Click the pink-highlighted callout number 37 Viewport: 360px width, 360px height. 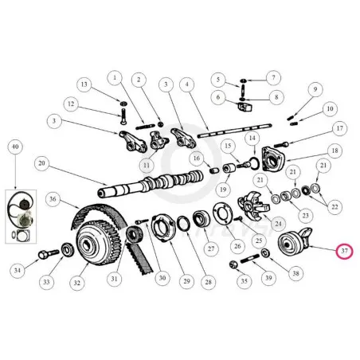(344, 250)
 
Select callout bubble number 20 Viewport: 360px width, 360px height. (42, 163)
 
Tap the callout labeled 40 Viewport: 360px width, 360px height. (15, 147)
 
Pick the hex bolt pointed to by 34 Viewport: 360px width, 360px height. (49, 254)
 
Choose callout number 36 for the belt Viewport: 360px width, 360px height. (53, 199)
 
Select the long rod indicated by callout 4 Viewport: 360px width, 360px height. (234, 130)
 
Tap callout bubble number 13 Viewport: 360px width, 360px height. (84, 84)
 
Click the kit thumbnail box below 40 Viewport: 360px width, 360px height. (21, 217)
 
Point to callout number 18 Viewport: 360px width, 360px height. (335, 151)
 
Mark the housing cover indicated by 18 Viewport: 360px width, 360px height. (273, 158)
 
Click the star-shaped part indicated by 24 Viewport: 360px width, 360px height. (252, 206)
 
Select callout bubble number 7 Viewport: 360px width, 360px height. (273, 78)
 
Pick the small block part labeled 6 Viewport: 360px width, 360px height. (245, 107)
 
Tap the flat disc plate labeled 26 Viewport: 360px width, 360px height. (222, 213)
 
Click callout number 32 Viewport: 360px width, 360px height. (77, 283)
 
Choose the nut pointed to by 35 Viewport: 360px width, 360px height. (234, 264)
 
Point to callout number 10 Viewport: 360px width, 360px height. (330, 108)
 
